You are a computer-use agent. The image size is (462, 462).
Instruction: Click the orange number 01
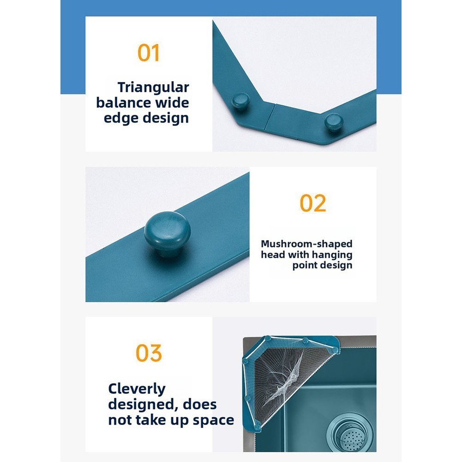[x=148, y=53]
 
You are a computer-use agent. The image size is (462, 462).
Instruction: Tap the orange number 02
[x=313, y=203]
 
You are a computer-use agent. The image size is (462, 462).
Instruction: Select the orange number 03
[x=149, y=353]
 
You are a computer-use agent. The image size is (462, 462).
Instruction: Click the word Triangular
[x=153, y=88]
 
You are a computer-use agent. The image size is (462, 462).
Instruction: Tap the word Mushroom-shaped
[x=306, y=244]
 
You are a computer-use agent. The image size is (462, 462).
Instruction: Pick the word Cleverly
[x=137, y=389]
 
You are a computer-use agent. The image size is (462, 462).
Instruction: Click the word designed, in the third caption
[x=143, y=404]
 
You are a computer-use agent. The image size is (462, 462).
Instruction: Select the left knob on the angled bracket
[x=240, y=101]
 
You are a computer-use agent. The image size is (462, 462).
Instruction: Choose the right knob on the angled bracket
[x=334, y=122]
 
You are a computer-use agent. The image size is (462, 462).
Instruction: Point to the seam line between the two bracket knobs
[x=270, y=117]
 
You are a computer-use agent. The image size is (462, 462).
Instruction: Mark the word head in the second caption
[x=273, y=255]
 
